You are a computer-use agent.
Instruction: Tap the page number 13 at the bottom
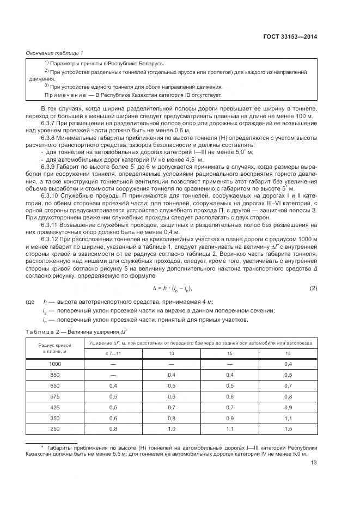click(x=314, y=463)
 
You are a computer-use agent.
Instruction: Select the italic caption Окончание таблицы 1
click(x=54, y=53)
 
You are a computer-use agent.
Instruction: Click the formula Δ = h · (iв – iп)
click(x=172, y=287)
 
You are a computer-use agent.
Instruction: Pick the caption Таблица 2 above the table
click(x=42, y=331)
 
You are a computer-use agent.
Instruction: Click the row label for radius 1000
click(x=55, y=364)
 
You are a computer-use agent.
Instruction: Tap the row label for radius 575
click(x=55, y=396)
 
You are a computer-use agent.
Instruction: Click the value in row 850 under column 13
click(x=172, y=375)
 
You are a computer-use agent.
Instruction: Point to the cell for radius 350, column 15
click(x=229, y=418)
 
